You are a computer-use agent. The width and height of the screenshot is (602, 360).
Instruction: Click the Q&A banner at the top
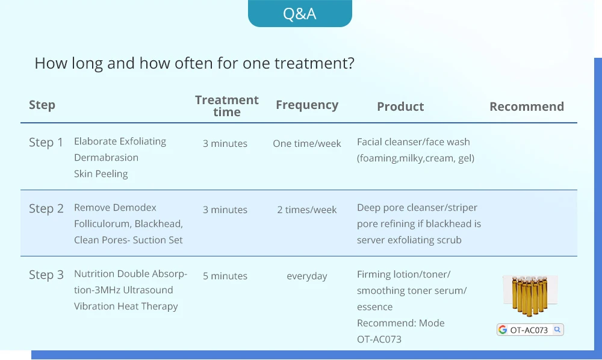(x=300, y=13)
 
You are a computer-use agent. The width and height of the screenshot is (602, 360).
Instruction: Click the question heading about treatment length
(x=194, y=63)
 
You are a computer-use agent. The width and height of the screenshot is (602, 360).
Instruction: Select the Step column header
(x=42, y=105)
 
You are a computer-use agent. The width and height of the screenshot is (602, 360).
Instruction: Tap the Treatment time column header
(x=227, y=106)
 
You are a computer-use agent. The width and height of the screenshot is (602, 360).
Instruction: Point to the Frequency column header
(x=307, y=105)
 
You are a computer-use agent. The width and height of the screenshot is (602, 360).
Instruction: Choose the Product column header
(x=400, y=107)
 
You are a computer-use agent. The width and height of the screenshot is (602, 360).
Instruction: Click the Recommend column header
(x=527, y=107)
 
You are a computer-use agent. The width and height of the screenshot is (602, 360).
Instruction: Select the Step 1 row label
(x=46, y=143)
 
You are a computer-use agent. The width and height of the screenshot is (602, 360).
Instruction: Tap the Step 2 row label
(x=46, y=208)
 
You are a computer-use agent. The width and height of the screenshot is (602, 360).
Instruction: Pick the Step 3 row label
(x=46, y=275)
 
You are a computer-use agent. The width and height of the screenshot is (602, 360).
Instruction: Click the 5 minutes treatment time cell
(x=225, y=276)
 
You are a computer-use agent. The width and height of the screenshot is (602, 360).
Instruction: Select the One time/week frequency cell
(x=307, y=143)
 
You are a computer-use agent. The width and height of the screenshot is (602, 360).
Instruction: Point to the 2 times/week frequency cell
(x=307, y=209)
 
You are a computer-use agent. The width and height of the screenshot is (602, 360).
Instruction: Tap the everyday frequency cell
(x=307, y=276)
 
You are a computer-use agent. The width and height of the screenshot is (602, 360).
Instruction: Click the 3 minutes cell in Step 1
(x=225, y=143)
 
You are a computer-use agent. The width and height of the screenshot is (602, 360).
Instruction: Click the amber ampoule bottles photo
(x=530, y=295)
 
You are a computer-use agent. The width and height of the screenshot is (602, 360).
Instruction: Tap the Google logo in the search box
(x=503, y=330)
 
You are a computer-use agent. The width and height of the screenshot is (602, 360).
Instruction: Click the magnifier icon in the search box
(x=557, y=329)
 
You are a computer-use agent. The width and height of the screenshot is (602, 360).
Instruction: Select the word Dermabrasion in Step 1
(x=107, y=157)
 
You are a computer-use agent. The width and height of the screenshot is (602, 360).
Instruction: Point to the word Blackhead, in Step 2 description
(x=158, y=224)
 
